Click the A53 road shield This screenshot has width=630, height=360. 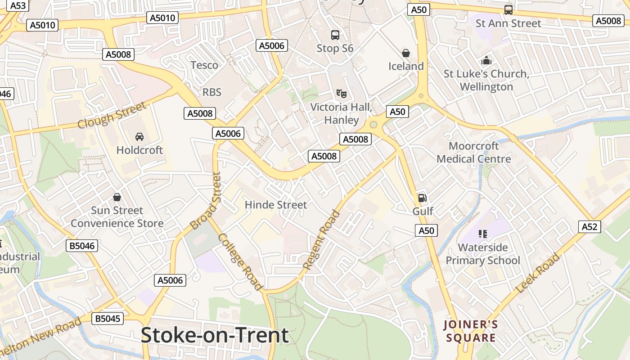18,5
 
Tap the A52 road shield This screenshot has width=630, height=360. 589,227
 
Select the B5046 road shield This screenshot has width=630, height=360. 82,246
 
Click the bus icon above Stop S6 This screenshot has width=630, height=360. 335,35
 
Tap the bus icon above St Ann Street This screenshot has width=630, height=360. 508,10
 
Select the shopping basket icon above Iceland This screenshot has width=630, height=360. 406,53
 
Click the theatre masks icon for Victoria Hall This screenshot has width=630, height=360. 342,94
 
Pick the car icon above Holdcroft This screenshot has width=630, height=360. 139,136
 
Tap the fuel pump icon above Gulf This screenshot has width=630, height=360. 422,198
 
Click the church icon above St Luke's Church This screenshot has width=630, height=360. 486,60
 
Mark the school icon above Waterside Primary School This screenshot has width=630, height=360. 483,234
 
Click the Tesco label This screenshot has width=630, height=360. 204,65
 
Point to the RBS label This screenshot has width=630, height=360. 211,92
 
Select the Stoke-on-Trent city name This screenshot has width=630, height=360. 215,335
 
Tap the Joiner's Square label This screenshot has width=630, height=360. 471,331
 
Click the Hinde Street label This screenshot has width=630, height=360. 276,205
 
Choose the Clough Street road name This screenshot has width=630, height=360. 112,115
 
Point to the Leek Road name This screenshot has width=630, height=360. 539,273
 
